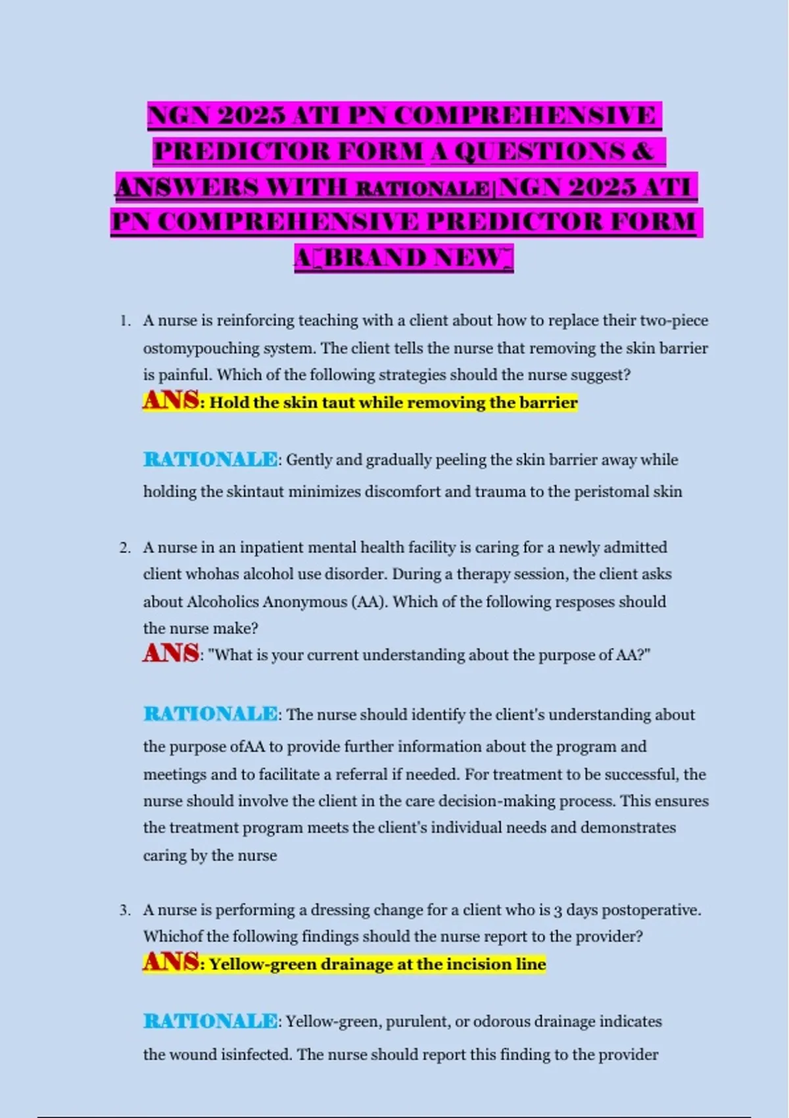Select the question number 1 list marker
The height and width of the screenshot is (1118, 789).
[124, 321]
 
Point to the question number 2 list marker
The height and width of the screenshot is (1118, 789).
[124, 548]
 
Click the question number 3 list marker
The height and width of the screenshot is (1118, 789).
[124, 910]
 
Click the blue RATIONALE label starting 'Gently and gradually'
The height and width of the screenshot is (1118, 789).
[210, 459]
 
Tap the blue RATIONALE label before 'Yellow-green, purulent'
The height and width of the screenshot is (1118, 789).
[210, 1021]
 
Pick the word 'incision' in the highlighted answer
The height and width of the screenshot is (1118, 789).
[478, 964]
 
